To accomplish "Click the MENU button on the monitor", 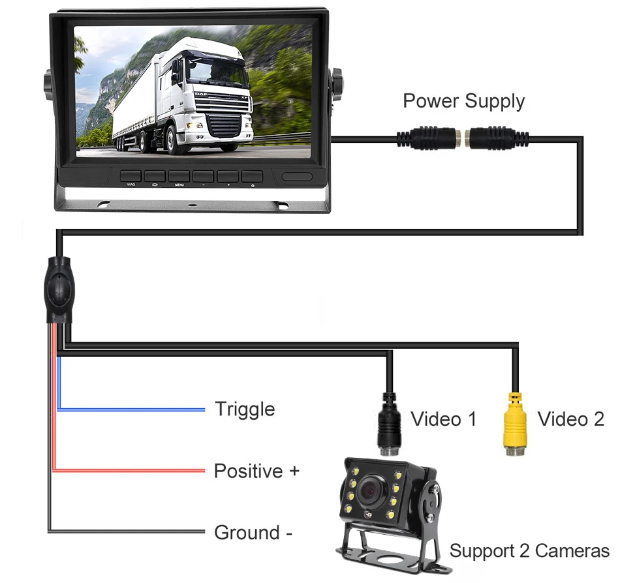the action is [179, 177].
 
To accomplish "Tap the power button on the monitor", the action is [252, 177].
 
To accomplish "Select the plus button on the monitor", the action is [228, 177].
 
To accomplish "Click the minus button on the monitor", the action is [203, 177].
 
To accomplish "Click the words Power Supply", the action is [463, 101].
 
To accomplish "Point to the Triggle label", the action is [245, 410].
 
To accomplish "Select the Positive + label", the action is [256, 470].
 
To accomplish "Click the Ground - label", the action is [253, 533].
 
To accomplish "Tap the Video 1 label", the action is [443, 419].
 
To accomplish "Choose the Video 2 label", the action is [570, 419].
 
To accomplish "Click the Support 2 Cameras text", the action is [529, 551].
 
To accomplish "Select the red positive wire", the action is [131, 470].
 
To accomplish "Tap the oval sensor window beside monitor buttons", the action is [298, 177].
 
